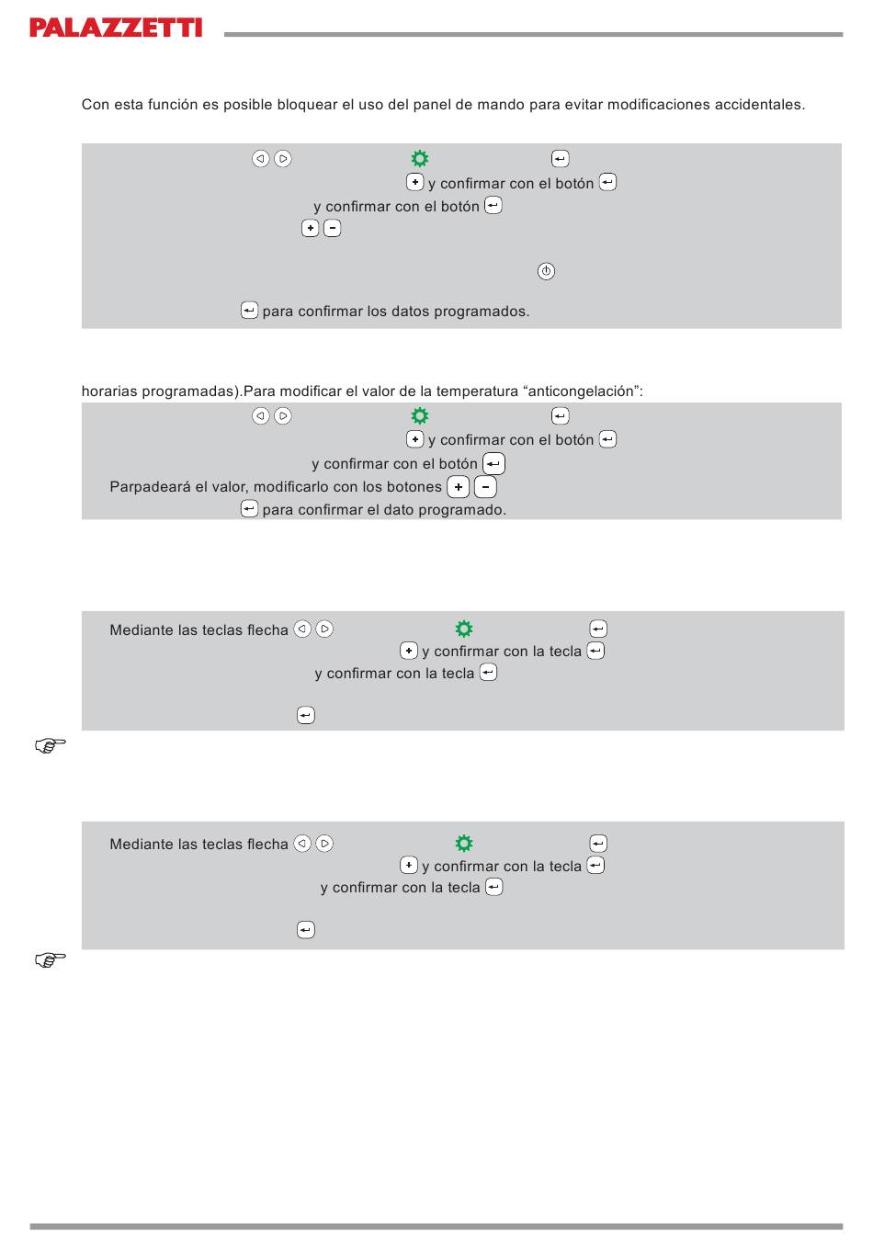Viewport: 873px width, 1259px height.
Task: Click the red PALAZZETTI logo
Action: click(116, 28)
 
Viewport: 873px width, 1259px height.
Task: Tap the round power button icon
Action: click(546, 271)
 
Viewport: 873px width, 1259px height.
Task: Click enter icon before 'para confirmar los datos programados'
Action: click(249, 311)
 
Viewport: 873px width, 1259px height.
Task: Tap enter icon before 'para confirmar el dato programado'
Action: click(249, 509)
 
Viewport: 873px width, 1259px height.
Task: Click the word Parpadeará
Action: click(150, 487)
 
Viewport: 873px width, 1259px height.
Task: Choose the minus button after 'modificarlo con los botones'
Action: click(485, 487)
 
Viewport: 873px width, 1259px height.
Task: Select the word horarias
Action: click(109, 391)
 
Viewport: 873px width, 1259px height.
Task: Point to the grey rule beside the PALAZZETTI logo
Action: click(533, 35)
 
